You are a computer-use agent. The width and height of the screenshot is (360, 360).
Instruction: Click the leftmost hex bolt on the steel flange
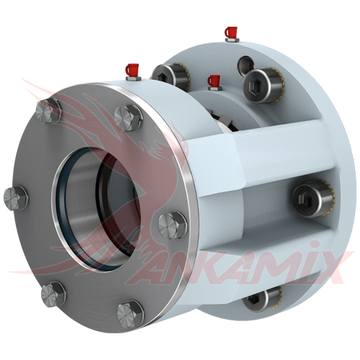point(16,198)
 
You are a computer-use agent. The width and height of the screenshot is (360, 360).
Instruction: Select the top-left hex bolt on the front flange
point(48,111)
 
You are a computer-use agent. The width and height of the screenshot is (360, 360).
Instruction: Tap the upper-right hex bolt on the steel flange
point(128,118)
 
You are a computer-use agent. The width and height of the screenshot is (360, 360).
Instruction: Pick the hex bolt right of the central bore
point(172,225)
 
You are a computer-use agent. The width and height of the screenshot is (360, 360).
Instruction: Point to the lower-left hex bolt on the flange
point(53,294)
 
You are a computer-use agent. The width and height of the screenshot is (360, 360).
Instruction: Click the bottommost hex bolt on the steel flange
point(130,315)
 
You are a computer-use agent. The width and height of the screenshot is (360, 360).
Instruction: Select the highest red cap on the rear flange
point(230,32)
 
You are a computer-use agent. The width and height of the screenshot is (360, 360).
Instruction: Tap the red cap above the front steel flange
point(132,69)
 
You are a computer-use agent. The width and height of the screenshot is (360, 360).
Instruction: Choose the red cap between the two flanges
point(214,81)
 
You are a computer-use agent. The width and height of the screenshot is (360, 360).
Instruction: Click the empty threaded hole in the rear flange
point(246,66)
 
